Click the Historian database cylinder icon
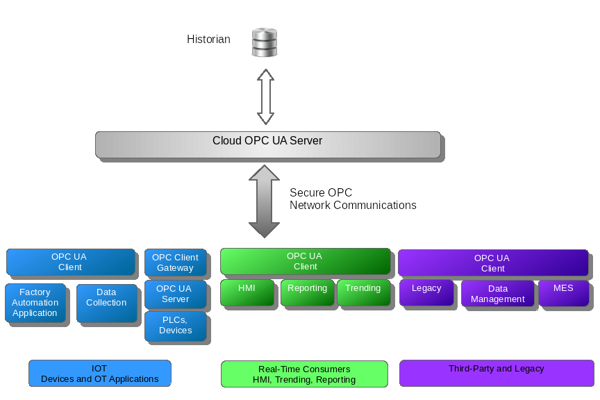264,42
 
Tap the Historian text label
208,40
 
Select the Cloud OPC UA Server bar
267,144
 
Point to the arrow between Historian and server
265,96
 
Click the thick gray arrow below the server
264,201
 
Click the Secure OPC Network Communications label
353,199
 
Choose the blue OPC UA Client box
70,262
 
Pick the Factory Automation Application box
35,303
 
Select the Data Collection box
106,303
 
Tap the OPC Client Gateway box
175,262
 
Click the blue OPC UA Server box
175,294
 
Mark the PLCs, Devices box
175,325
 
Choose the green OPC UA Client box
305,261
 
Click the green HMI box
247,292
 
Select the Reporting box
307,292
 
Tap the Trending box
362,292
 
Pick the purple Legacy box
426,292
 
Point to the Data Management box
497,294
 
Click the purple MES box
563,292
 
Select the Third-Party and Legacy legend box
496,373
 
